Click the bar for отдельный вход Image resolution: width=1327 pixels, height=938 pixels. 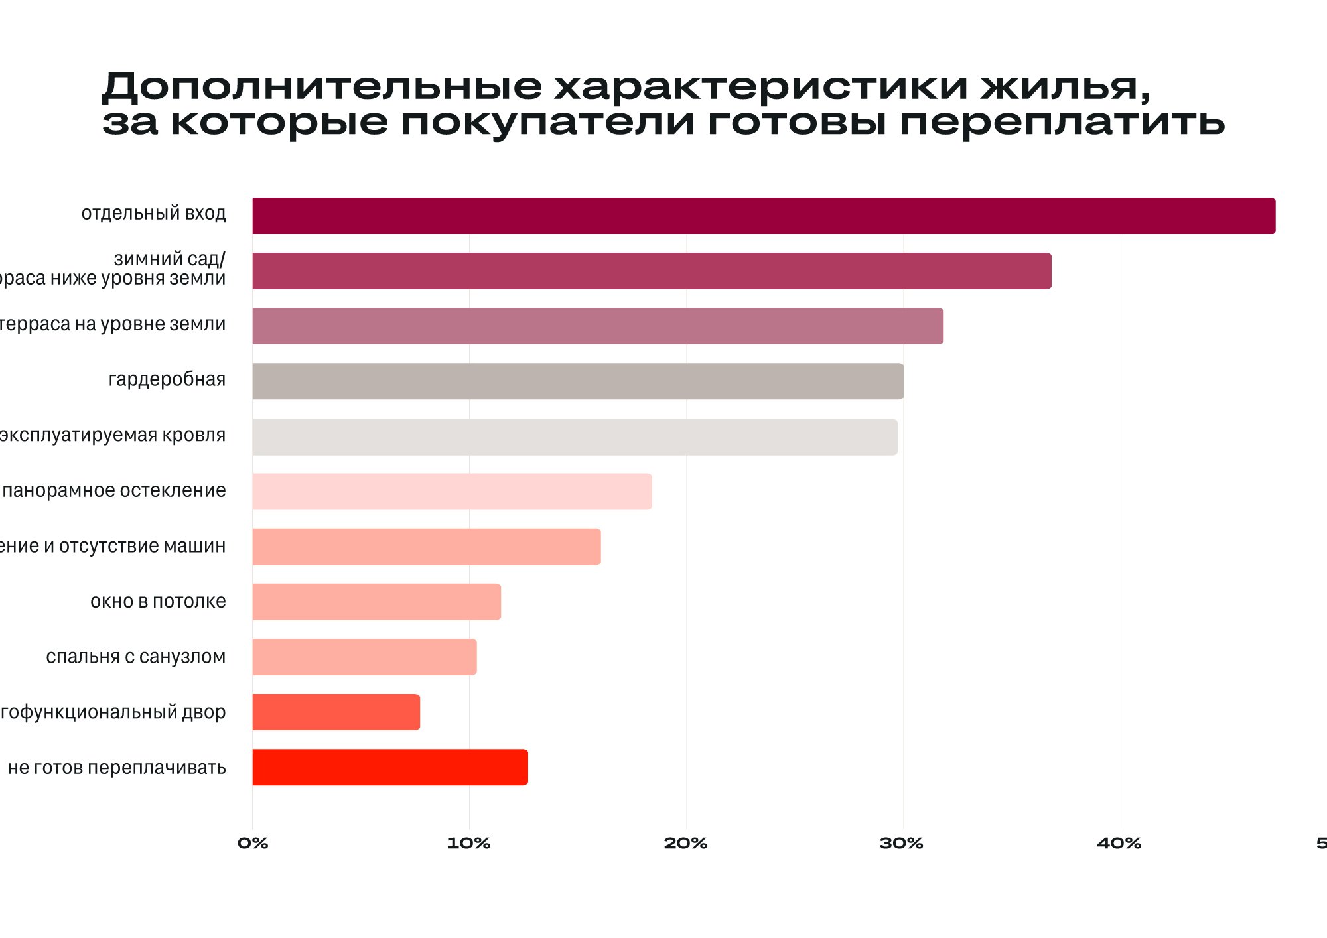763,216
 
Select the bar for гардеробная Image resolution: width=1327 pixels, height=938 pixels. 577,381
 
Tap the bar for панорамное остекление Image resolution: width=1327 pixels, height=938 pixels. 451,492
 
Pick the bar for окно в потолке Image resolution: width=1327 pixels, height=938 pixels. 376,602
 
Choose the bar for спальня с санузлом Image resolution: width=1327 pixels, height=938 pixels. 364,657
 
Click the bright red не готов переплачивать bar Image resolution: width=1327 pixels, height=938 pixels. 390,768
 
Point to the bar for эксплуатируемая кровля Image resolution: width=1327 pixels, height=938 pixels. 575,437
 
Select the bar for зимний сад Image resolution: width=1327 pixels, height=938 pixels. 652,271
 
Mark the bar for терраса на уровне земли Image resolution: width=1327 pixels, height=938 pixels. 597,326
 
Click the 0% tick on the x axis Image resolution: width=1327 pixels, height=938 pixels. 253,844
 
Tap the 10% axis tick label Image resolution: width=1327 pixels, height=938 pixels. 468,844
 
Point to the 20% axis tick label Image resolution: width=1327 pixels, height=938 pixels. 685,844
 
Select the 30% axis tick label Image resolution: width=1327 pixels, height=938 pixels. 902,844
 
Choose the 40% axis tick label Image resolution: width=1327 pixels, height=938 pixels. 1119,844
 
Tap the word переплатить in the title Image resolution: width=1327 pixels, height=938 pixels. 1062,123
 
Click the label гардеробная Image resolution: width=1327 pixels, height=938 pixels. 167,379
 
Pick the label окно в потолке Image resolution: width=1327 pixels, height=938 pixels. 158,602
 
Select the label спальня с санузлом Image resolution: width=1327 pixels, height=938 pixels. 136,657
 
